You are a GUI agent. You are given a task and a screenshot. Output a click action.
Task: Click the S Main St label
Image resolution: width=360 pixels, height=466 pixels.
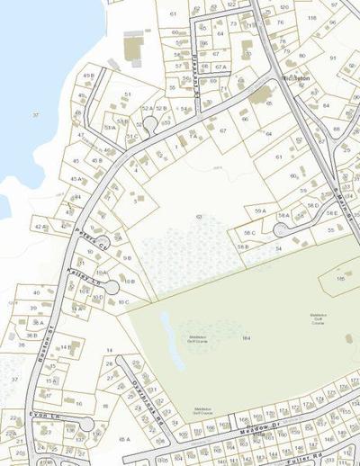click(338, 207)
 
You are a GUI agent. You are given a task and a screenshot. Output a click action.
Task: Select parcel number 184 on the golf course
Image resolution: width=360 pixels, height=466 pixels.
click(245, 337)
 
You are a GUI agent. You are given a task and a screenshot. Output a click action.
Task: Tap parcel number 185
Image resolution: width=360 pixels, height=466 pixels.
click(341, 280)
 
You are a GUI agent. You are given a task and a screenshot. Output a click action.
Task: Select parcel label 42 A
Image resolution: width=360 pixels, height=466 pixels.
click(40, 227)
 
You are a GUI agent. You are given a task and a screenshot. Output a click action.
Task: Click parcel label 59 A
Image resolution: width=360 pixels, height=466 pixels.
click(259, 211)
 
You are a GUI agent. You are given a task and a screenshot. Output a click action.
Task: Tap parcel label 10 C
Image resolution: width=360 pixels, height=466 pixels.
click(123, 302)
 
